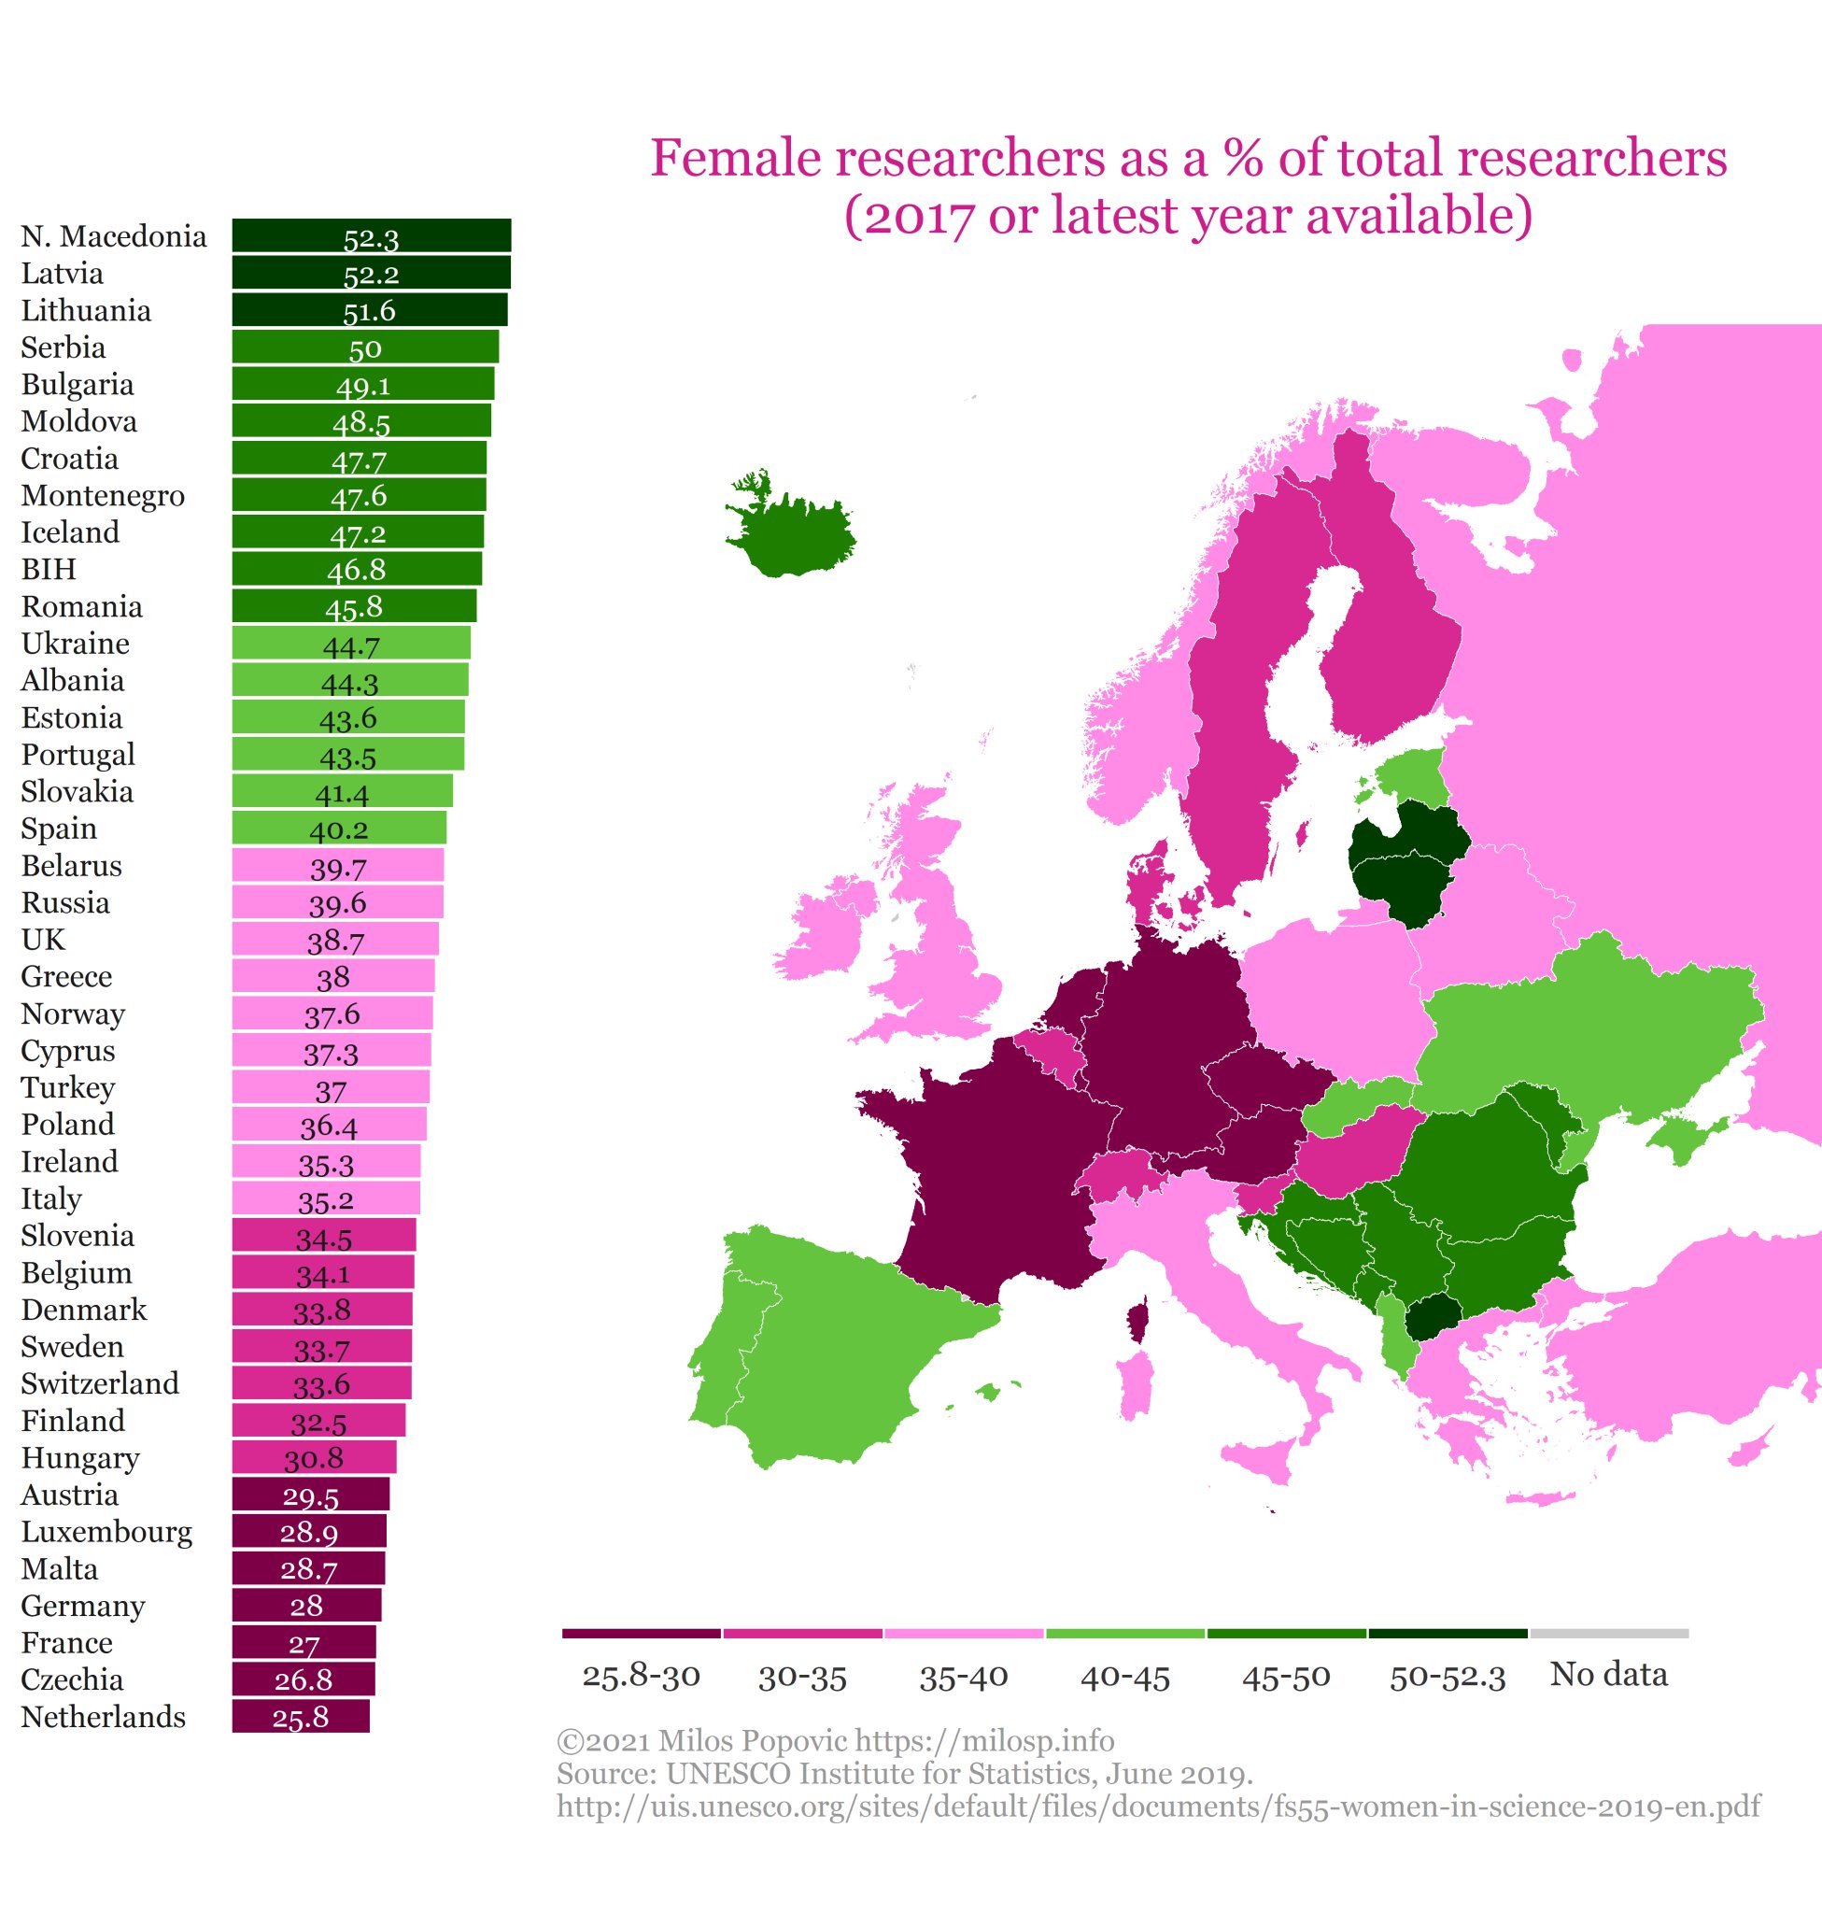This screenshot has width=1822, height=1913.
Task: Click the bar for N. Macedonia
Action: click(x=371, y=236)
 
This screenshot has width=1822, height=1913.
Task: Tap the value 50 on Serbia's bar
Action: click(x=365, y=347)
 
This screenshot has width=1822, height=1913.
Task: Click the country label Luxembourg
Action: click(x=106, y=1532)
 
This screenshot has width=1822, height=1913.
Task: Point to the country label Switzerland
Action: click(x=100, y=1383)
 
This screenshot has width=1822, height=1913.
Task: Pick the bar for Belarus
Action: click(x=337, y=866)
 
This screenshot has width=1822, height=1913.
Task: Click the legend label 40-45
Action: click(x=1124, y=1676)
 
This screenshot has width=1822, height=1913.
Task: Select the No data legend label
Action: click(x=1608, y=1674)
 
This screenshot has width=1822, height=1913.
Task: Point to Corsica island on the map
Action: click(x=1137, y=1321)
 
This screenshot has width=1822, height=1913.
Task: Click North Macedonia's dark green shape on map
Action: click(x=1432, y=1318)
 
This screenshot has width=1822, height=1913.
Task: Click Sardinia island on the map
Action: click(x=1133, y=1388)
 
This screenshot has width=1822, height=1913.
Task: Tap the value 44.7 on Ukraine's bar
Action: click(x=350, y=645)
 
